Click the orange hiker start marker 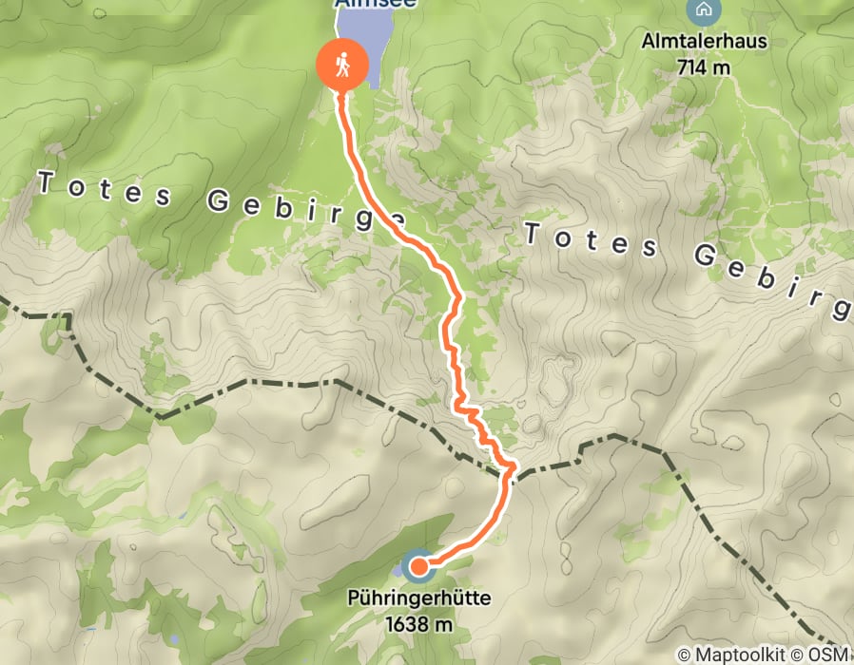(x=341, y=66)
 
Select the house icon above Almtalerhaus (x=703, y=11)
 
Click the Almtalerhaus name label (x=704, y=43)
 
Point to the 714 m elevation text (x=704, y=66)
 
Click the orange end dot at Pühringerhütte (x=417, y=567)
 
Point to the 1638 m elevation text (x=418, y=624)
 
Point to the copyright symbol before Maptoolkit (x=685, y=655)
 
